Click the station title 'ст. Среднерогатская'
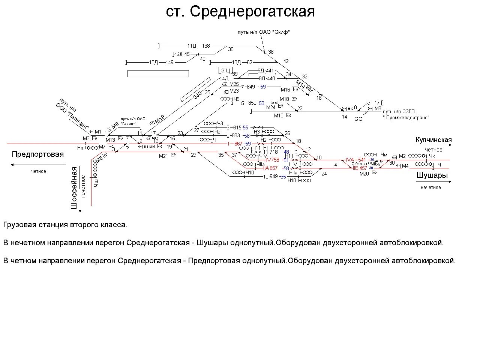click(x=240, y=12)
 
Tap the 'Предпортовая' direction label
click(x=38, y=154)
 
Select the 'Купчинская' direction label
click(x=433, y=140)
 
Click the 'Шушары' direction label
click(x=432, y=175)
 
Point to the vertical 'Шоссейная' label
click(x=74, y=187)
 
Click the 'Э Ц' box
click(x=225, y=70)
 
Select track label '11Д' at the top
click(x=192, y=46)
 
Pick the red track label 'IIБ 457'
click(x=360, y=168)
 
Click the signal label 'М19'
click(x=160, y=119)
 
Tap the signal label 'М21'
click(x=163, y=156)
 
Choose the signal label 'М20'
click(x=364, y=174)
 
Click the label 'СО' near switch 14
click(x=358, y=119)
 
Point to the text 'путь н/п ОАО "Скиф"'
click(x=264, y=32)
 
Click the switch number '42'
click(x=286, y=61)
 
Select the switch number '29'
click(x=194, y=155)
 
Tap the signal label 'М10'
click(x=279, y=115)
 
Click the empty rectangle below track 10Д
click(x=158, y=73)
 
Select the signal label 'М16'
click(x=285, y=90)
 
